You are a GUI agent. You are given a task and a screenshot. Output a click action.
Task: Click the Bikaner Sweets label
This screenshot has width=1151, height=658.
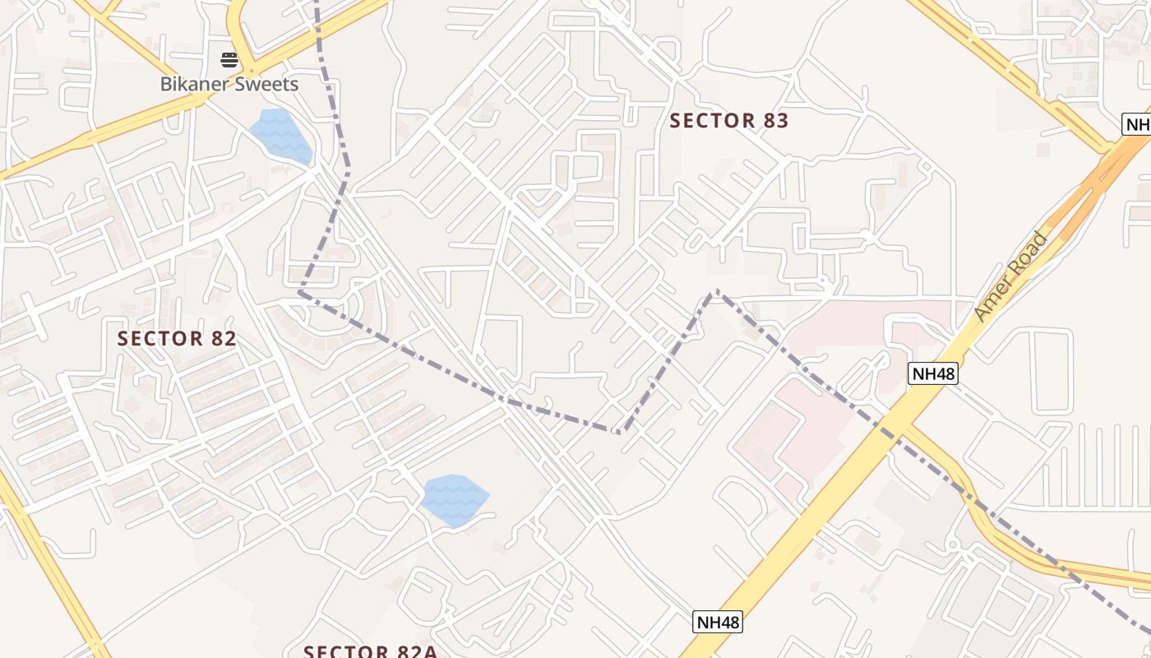click(x=229, y=84)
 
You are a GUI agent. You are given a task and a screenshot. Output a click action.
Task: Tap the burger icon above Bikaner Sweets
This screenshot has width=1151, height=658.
click(x=229, y=60)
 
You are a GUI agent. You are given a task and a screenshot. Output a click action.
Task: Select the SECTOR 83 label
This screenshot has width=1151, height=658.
click(x=728, y=121)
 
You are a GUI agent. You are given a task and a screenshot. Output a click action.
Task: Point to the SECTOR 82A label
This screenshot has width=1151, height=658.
click(x=370, y=651)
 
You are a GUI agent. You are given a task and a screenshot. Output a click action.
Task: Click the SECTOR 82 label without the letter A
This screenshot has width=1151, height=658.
click(x=177, y=338)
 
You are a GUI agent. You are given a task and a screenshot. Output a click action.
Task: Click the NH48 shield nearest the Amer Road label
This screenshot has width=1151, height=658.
click(x=934, y=373)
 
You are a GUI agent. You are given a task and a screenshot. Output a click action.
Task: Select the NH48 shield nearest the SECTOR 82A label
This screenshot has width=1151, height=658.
click(x=718, y=622)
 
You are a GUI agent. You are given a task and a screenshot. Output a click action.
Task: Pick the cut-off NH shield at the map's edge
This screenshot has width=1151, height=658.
click(x=1137, y=125)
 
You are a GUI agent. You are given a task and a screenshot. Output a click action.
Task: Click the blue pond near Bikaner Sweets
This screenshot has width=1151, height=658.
click(x=280, y=134)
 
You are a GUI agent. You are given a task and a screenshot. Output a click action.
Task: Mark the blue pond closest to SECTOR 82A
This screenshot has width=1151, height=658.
click(x=454, y=499)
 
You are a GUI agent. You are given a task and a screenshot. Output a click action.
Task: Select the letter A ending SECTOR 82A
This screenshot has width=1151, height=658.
click(x=428, y=651)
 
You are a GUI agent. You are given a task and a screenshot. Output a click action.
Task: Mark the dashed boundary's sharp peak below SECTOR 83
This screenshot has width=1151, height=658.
click(x=715, y=290)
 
